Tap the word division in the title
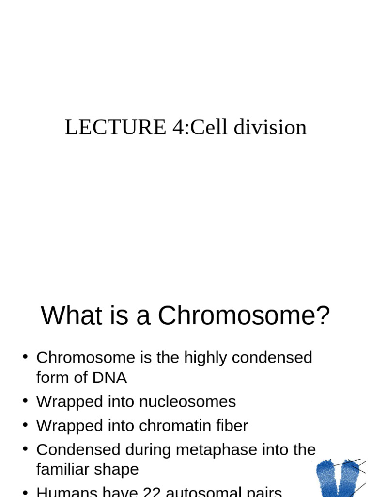pyautogui.click(x=270, y=128)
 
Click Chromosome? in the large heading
pyautogui.click(x=244, y=316)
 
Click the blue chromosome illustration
pyautogui.click(x=339, y=478)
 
